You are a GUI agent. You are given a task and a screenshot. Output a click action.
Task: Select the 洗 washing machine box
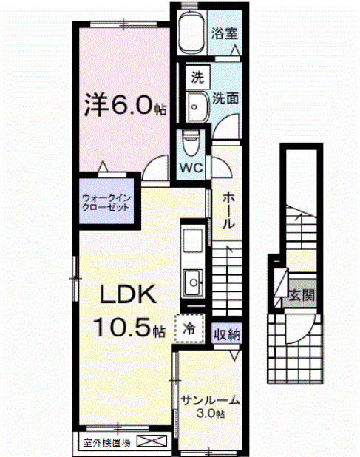click(197, 76)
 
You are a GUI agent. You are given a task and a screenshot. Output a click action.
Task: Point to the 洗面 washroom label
click(225, 97)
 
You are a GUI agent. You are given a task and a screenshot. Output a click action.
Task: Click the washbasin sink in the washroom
click(197, 105)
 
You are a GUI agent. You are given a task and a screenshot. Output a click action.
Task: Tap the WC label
click(191, 166)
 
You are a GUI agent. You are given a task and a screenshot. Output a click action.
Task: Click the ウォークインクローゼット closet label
click(106, 203)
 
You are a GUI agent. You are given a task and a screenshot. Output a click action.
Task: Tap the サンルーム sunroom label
click(210, 401)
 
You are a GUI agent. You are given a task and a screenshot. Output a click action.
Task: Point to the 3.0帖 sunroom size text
click(210, 413)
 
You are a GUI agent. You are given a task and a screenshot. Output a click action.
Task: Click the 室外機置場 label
click(106, 443)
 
